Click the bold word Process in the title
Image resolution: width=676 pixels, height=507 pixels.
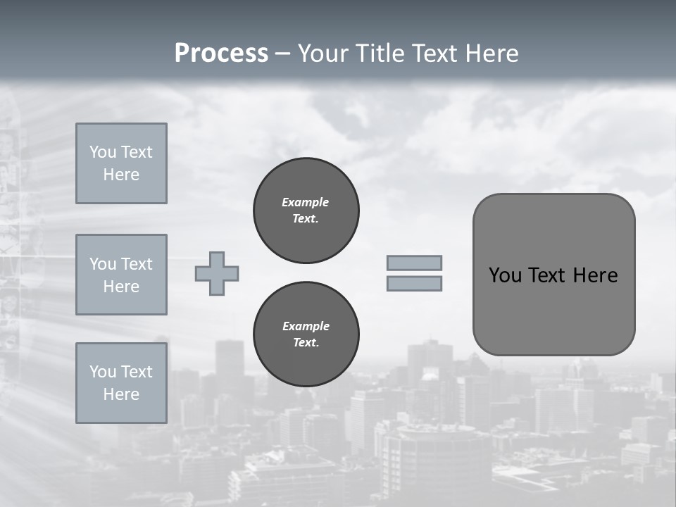[221, 54]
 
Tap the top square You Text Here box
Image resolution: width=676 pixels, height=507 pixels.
[121, 163]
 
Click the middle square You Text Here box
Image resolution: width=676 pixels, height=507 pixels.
[121, 275]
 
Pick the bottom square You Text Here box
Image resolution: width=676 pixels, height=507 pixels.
[121, 383]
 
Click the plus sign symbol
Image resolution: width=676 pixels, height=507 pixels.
[217, 273]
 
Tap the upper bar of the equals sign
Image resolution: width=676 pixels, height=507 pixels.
[415, 263]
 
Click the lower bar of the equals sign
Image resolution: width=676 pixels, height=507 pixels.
[415, 283]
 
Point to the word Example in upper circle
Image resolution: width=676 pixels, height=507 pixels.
[305, 202]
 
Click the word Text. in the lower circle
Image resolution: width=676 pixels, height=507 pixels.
[306, 343]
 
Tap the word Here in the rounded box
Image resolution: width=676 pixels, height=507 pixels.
[595, 275]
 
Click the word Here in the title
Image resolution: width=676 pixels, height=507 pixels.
[492, 54]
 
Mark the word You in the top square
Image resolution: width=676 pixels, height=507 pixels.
[103, 152]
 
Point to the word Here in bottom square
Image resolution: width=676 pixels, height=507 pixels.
[121, 394]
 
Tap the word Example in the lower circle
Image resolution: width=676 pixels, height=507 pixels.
[306, 326]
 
